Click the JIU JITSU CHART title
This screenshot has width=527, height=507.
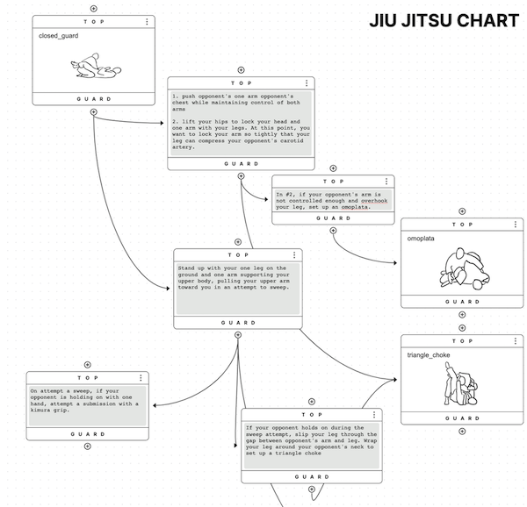444,20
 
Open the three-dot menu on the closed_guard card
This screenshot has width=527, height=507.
147,20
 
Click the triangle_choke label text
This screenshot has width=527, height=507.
429,355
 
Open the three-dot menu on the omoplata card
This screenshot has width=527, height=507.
515,225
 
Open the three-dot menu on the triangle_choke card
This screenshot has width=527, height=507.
515,340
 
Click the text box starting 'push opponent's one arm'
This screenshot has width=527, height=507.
241,122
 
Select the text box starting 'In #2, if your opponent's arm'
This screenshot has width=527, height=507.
332,199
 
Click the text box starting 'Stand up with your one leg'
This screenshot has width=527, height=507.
238,288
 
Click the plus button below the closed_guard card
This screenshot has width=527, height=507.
93,112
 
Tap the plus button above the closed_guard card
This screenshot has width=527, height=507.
93,8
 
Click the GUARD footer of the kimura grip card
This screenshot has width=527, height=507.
87,433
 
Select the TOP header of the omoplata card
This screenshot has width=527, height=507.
462,225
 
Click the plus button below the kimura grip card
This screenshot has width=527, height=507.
87,446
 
